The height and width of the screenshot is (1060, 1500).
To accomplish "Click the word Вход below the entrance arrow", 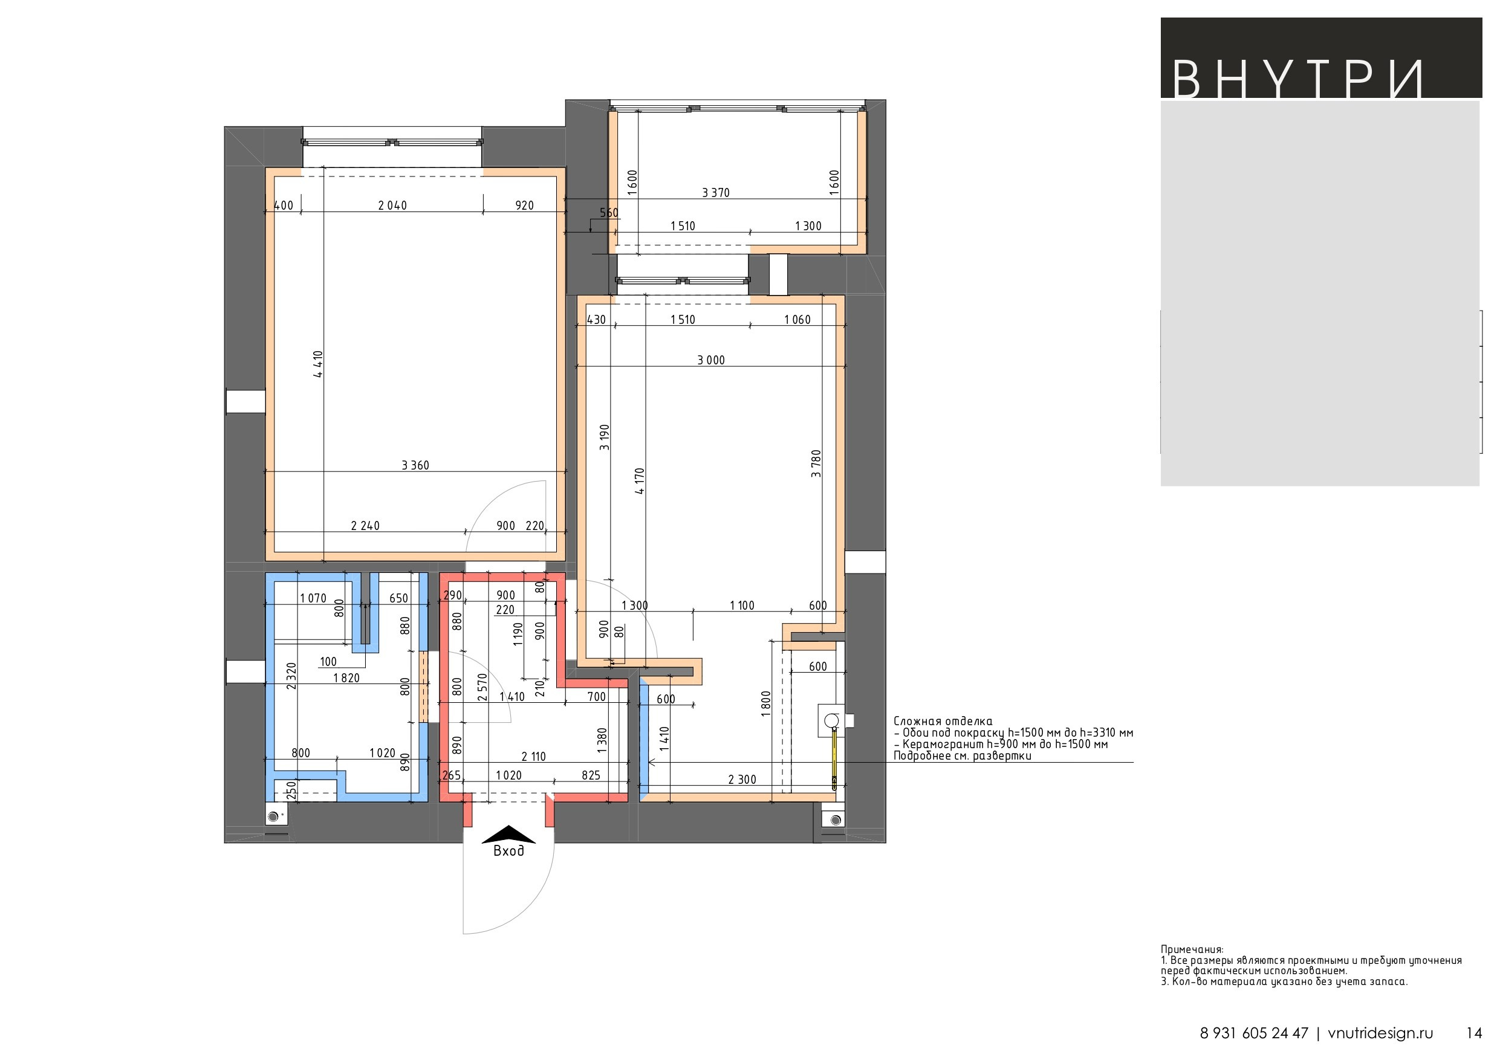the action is (508, 850).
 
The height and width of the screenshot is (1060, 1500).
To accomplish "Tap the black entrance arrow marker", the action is (508, 834).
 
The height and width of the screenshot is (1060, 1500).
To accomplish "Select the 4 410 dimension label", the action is (318, 364).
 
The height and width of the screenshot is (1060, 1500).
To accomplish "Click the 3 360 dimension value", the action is (415, 465).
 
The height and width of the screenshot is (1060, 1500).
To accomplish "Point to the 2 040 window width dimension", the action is (392, 205).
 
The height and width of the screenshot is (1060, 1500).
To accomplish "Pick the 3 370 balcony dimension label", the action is (715, 193).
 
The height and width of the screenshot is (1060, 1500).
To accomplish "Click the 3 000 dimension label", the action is (711, 360).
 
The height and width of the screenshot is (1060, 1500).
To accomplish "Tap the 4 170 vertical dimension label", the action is (640, 480).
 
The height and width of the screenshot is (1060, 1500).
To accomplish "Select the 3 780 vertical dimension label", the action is (816, 464).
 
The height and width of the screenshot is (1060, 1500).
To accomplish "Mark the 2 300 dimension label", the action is (742, 779).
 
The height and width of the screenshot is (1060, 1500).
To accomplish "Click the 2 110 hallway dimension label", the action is (533, 756).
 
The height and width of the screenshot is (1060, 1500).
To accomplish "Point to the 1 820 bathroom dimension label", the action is (346, 678).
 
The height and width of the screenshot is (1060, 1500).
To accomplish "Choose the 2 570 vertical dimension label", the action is (483, 687).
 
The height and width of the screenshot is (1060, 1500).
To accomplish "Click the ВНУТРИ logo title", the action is (1297, 80).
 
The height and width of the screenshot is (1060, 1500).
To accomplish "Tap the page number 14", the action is (1475, 1033).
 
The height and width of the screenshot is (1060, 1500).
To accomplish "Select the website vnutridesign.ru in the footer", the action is (1380, 1033).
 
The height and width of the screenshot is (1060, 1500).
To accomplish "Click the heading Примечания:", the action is (1192, 949).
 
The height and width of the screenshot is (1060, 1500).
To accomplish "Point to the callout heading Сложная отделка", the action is (943, 721).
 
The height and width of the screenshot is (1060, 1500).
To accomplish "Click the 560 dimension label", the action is (609, 212).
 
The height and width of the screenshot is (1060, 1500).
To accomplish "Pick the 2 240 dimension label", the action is (365, 525).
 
